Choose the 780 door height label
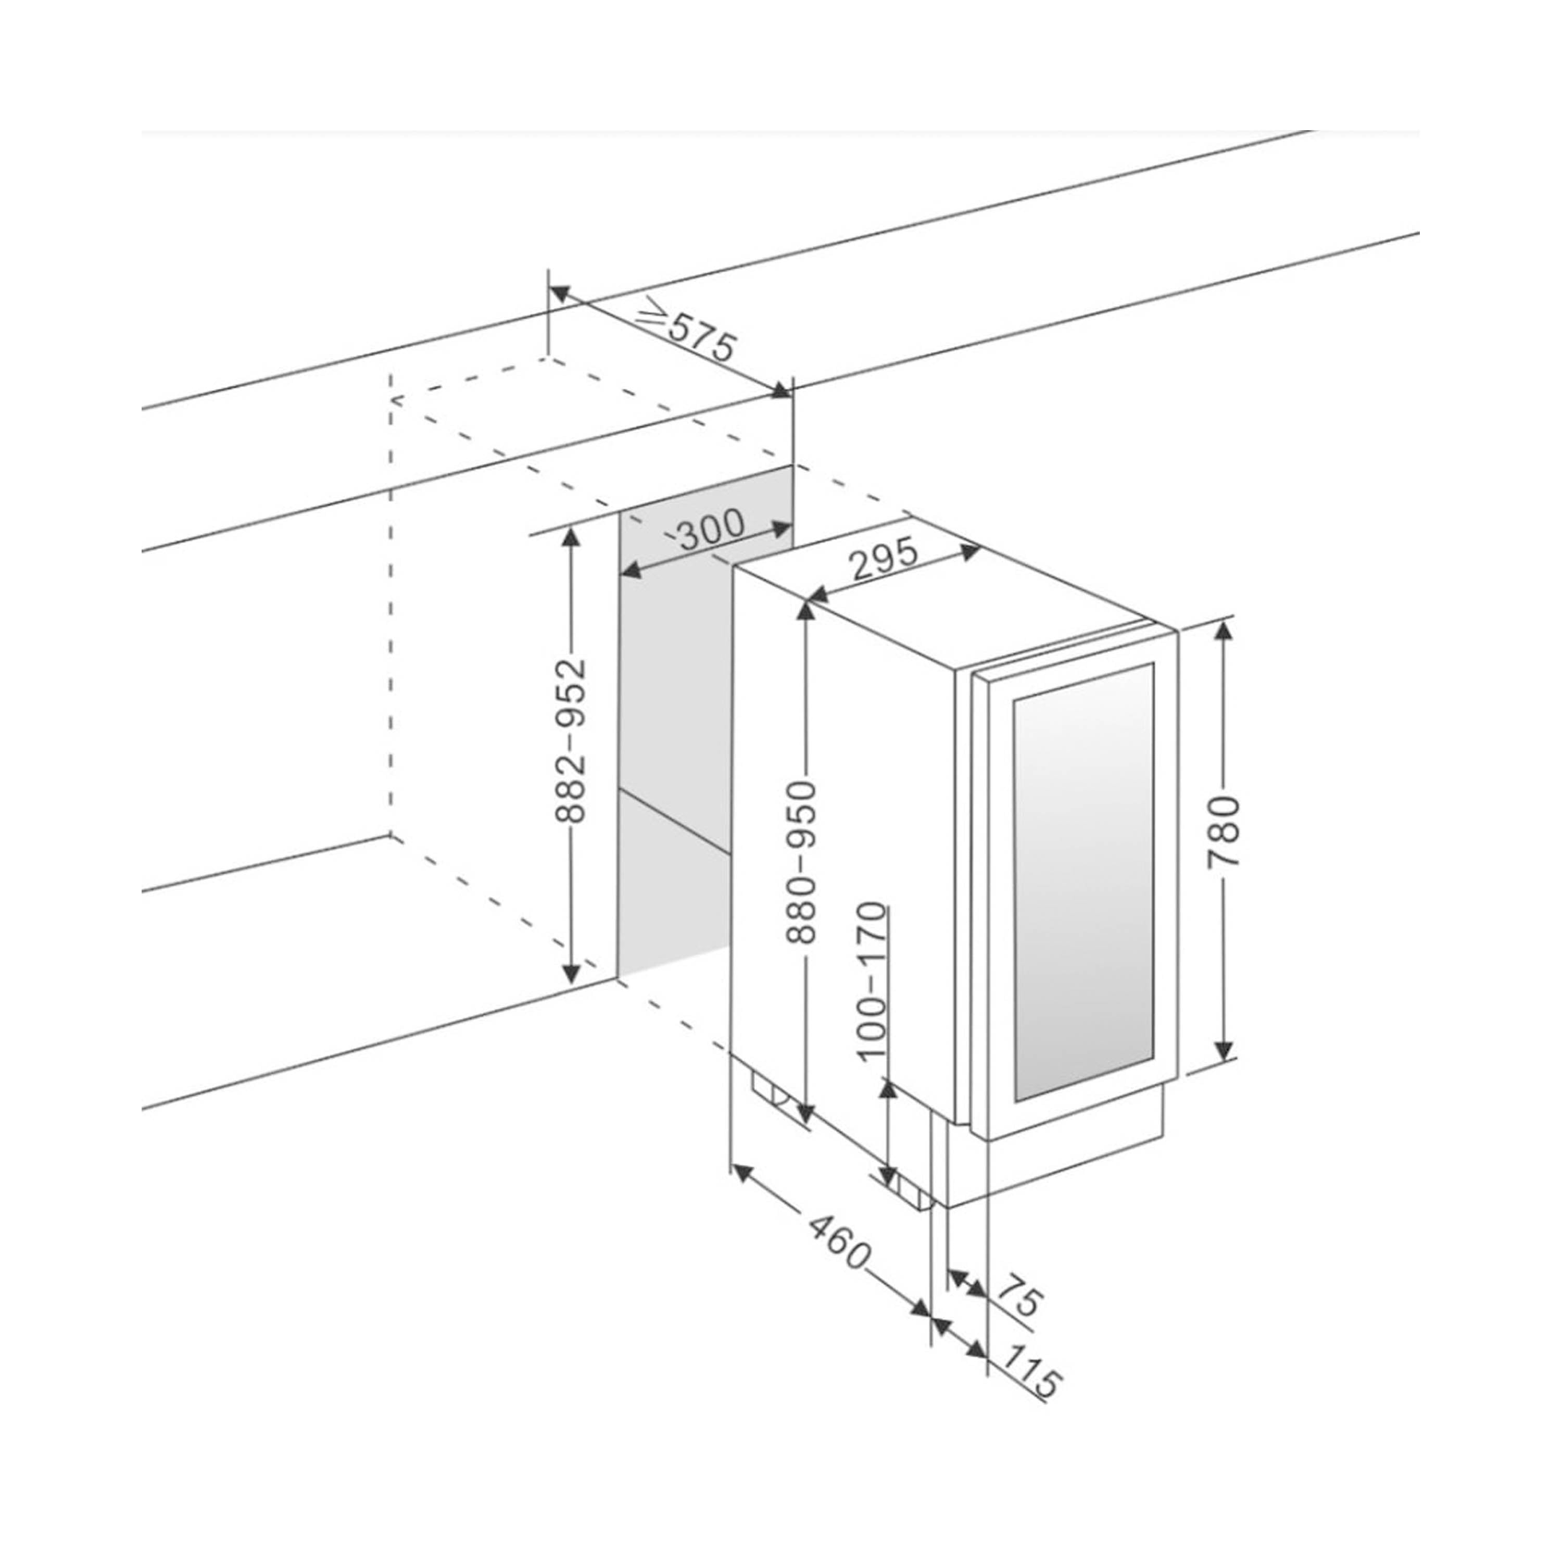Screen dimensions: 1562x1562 1224,832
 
